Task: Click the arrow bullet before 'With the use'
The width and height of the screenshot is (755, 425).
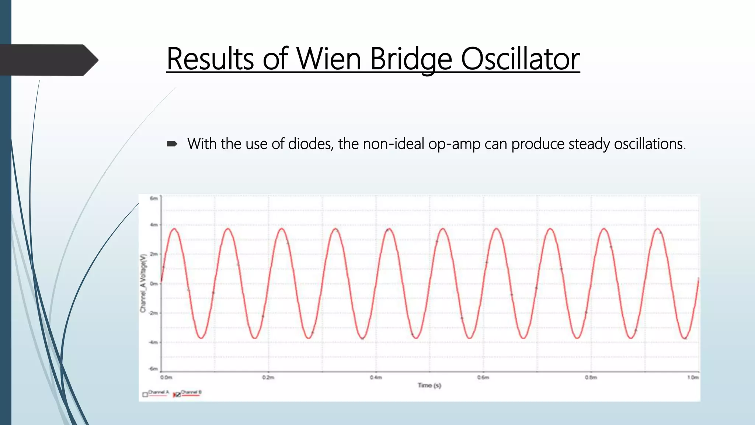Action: coord(172,144)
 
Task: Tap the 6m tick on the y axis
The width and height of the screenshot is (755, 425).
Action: coord(154,198)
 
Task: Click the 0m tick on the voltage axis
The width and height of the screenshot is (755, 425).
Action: coord(154,284)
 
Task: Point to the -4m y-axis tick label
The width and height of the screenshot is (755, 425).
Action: coord(153,342)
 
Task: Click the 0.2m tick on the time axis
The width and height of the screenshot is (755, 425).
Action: coord(268,377)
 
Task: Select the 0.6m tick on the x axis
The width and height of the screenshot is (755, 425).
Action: coord(483,377)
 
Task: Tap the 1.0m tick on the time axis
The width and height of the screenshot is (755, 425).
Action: coord(693,377)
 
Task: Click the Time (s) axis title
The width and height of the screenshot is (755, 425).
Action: coord(429,386)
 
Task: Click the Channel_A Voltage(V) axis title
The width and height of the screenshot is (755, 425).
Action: coord(143,283)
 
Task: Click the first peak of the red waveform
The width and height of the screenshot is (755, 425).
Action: coord(174,229)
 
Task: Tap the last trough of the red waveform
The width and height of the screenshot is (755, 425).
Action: coord(685,338)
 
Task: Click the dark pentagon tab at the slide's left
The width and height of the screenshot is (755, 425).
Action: coord(48,60)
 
